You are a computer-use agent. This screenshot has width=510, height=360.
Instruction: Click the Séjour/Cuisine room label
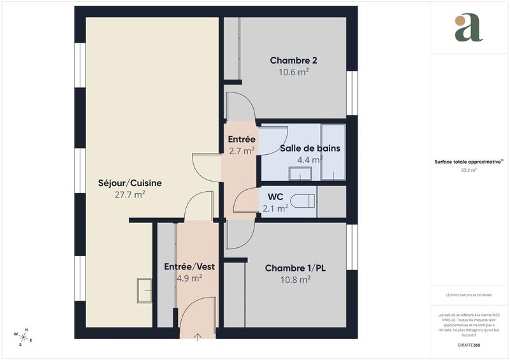[130, 183]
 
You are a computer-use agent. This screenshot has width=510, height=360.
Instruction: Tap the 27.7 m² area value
[130, 195]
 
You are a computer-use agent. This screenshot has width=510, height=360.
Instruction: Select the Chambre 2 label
[294, 61]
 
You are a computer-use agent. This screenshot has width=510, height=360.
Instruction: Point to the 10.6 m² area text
[294, 72]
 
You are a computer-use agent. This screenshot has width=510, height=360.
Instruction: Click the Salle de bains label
[310, 148]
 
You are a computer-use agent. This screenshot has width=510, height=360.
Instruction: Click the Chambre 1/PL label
[295, 268]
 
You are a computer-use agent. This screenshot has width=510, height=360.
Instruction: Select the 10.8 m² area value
[295, 280]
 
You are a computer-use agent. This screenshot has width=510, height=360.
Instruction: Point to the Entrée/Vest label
[189, 266]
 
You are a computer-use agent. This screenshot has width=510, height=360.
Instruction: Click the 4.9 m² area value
[189, 278]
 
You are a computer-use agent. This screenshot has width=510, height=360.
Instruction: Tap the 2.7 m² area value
[242, 151]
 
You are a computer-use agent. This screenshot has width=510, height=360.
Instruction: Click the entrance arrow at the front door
[198, 336]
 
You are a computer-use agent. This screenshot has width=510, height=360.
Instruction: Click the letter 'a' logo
[469, 28]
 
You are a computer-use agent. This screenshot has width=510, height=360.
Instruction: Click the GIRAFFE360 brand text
[469, 344]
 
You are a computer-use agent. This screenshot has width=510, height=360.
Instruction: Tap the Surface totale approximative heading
[469, 162]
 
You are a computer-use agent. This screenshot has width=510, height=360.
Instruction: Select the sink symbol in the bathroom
[299, 173]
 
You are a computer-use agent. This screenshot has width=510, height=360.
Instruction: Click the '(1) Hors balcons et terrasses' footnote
[469, 295]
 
